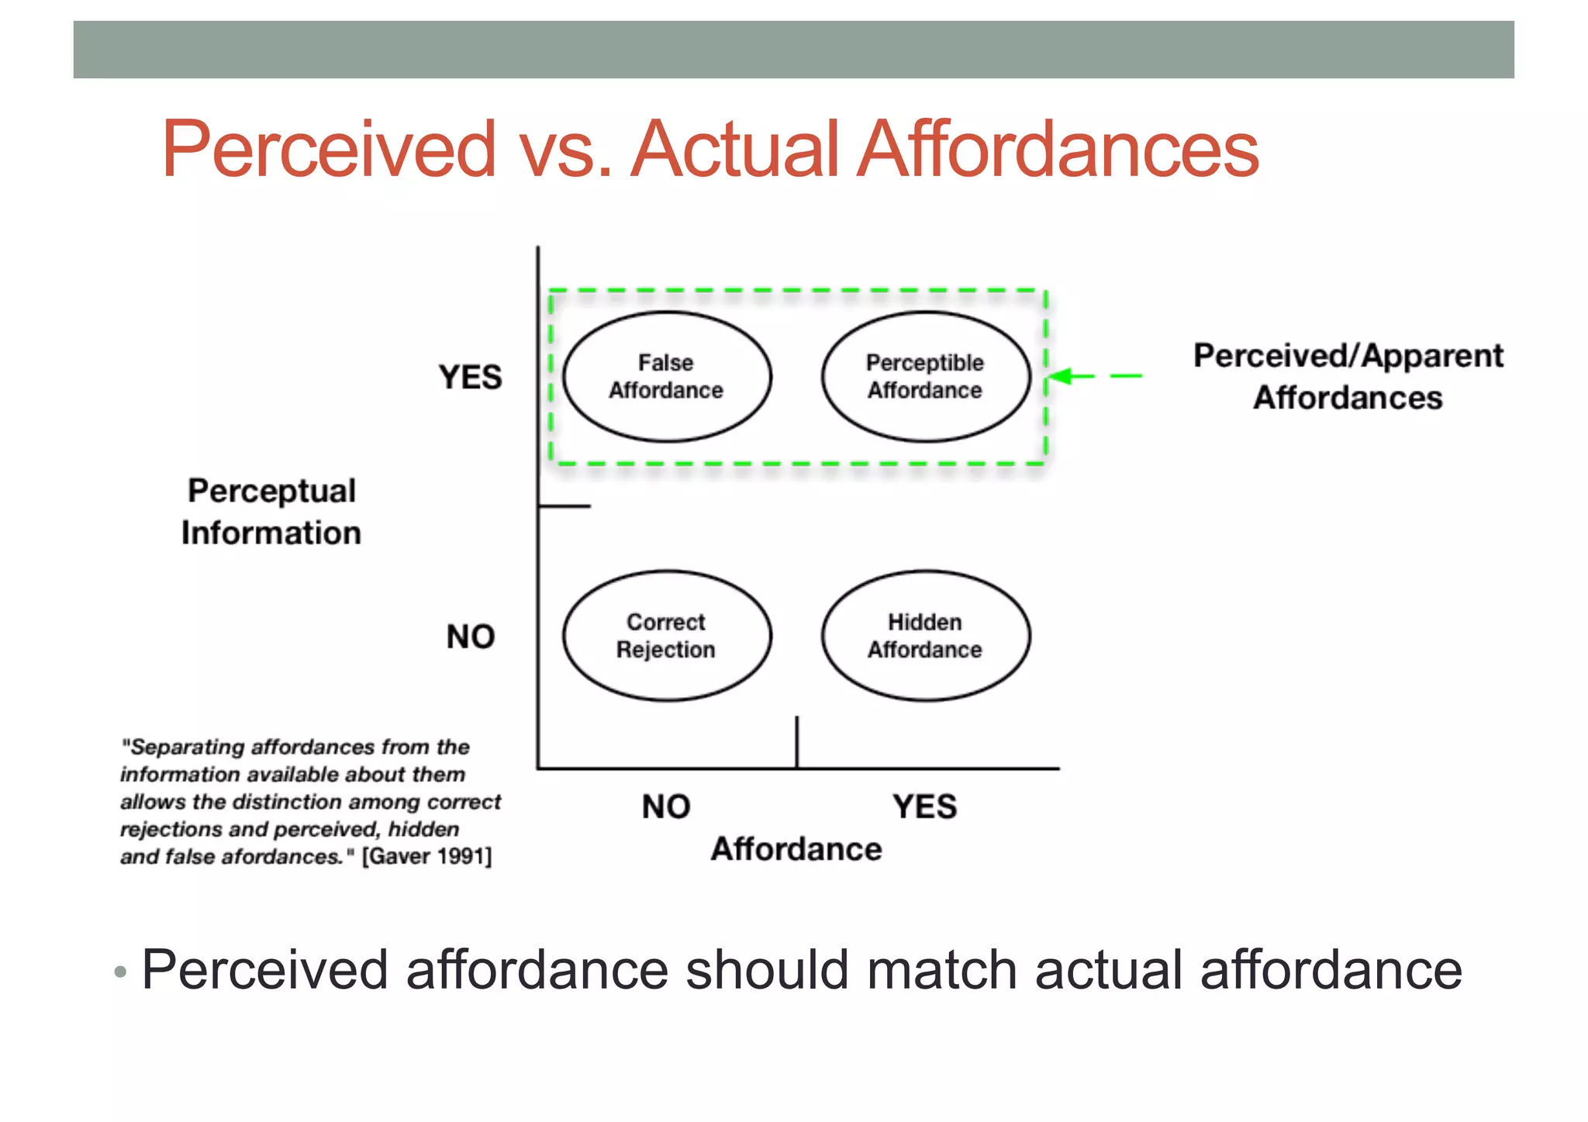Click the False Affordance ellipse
pos(666,377)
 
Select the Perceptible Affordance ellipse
pos(925,377)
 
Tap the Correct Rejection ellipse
pos(666,636)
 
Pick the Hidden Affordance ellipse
pos(925,636)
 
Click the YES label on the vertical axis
pos(470,378)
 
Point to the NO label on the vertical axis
pos(470,637)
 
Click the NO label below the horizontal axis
pos(665,806)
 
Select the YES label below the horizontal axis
pos(924,806)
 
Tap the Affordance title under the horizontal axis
pos(796,849)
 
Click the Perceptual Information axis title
pos(271,512)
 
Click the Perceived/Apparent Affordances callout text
pos(1348,377)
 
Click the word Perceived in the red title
pos(329,149)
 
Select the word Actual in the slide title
pos(735,149)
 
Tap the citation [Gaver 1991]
pos(426,857)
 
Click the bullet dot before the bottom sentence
pos(119,972)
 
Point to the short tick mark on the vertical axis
pos(564,506)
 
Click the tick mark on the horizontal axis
pos(796,742)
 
